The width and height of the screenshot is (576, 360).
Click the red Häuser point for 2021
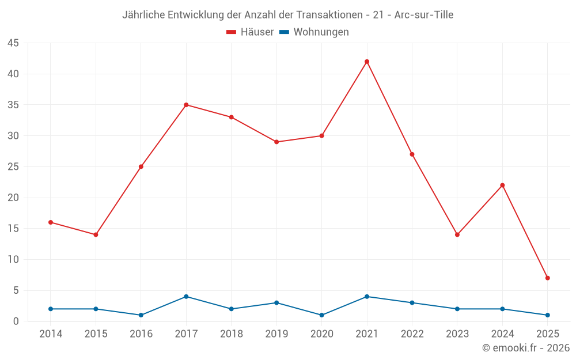[367, 62]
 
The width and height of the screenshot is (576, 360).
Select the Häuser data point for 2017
[186, 105]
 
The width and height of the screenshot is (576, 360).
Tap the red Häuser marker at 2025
[547, 278]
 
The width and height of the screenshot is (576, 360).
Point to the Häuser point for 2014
[51, 222]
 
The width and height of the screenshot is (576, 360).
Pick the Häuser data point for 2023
[457, 235]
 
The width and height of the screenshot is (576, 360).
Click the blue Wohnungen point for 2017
[186, 297]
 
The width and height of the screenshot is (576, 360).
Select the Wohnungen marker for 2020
[322, 315]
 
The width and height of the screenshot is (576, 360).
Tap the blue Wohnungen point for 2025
[547, 315]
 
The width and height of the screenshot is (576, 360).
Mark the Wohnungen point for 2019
[276, 303]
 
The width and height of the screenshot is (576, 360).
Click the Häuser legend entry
[250, 32]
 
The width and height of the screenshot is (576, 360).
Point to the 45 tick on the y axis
[13, 43]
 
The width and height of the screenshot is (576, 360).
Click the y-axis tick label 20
[13, 198]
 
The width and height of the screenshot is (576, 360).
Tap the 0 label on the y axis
[16, 321]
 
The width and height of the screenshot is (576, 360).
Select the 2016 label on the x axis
[141, 334]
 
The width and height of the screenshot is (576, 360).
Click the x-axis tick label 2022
[412, 334]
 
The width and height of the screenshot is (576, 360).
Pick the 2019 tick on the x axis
[276, 334]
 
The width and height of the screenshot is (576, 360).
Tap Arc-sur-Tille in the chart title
[424, 15]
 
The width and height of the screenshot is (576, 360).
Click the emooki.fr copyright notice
[526, 348]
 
